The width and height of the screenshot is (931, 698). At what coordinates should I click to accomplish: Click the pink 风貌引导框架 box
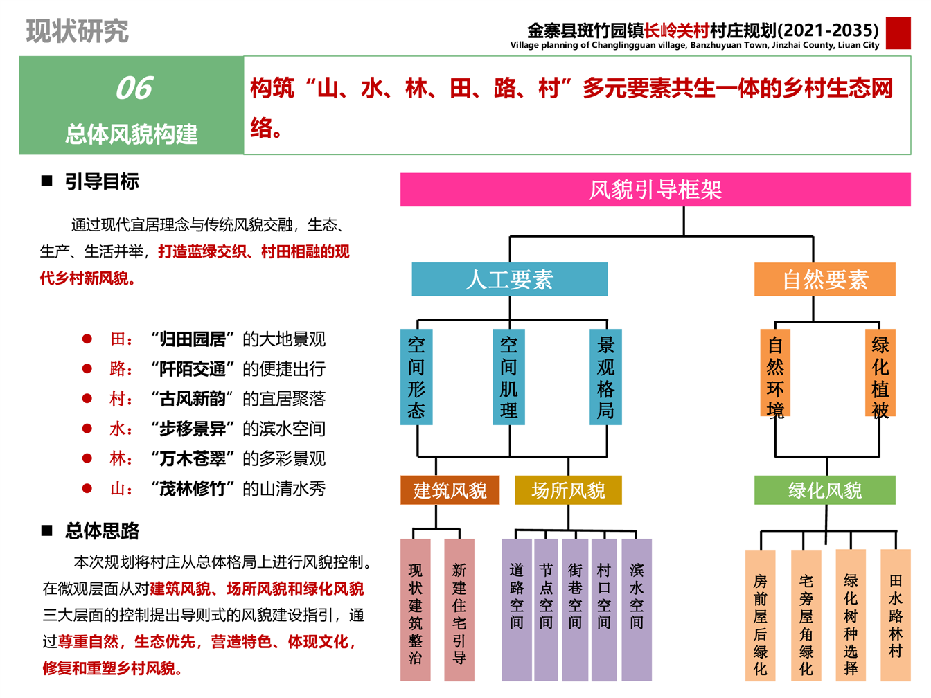(655, 190)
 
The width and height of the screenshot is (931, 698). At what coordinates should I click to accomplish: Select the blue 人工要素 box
(509, 279)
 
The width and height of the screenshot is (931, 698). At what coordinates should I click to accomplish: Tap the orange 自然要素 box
(824, 279)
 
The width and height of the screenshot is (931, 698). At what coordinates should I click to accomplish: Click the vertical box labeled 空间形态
(416, 377)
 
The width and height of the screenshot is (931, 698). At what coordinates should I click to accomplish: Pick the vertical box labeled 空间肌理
(508, 377)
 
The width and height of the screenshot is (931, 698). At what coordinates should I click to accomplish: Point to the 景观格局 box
(605, 377)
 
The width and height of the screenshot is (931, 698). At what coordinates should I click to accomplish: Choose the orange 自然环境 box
(775, 373)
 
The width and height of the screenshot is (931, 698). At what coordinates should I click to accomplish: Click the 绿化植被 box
(880, 373)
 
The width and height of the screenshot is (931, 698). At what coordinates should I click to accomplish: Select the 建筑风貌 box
(450, 490)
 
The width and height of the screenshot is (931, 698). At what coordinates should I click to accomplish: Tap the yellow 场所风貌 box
(568, 490)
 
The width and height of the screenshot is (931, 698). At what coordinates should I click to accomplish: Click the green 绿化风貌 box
(824, 490)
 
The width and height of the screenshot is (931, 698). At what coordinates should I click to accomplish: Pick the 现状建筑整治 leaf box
(415, 610)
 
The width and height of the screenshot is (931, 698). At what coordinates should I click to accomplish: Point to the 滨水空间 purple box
(637, 610)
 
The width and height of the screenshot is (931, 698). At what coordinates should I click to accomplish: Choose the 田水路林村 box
(896, 615)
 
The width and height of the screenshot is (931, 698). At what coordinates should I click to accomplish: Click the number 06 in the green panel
(134, 88)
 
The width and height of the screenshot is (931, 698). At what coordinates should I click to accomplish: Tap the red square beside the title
(898, 33)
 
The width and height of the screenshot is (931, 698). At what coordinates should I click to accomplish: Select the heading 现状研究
(77, 31)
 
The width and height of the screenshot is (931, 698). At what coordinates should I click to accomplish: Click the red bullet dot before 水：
(87, 429)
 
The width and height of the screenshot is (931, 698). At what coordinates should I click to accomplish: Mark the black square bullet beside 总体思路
(46, 530)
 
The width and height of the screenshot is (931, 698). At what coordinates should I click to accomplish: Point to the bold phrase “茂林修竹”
(193, 489)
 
